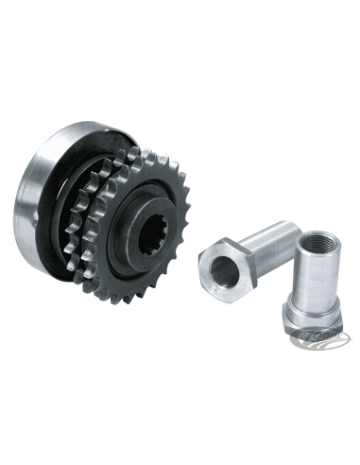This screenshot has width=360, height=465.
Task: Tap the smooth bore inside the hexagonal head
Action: [218, 271]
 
